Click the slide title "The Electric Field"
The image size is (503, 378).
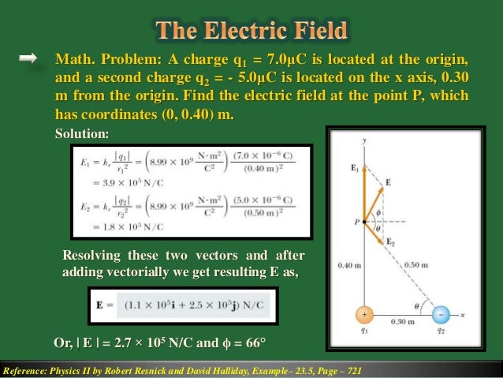(x=251, y=32)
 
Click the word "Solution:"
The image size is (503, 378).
(x=82, y=134)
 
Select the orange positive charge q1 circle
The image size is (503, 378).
(x=365, y=313)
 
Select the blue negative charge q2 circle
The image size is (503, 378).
(x=440, y=313)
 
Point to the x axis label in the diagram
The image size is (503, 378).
(x=465, y=314)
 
